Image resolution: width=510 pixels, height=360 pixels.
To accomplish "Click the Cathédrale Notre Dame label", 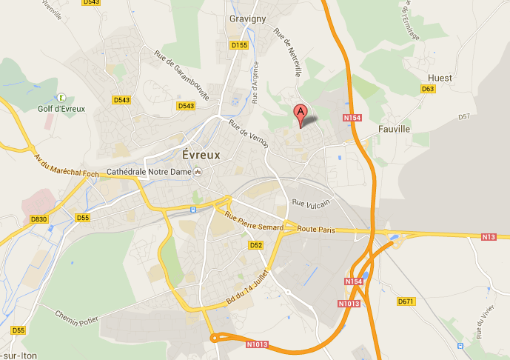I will [149, 172].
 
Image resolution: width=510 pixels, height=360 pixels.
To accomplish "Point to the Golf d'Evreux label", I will [61, 109].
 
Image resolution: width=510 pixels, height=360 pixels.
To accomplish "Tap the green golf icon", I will [61, 97].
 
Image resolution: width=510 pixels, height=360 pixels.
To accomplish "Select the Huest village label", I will [440, 78].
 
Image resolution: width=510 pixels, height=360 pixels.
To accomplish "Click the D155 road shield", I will [239, 45].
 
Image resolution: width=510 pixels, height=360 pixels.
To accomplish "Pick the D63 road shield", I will [427, 89].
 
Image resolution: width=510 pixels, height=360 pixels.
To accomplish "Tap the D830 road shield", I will [39, 219].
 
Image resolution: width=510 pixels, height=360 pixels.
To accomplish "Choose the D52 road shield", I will [256, 244].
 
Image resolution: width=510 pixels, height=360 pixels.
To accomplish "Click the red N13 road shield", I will [487, 237].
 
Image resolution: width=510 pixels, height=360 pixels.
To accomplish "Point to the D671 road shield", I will [404, 301].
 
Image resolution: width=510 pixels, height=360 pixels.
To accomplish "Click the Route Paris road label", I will [316, 230].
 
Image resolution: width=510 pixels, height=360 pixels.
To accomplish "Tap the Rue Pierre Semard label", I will [248, 221].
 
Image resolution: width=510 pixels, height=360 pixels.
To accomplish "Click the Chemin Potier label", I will [77, 316].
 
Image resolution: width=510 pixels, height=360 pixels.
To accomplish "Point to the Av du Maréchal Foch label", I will [67, 165].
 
